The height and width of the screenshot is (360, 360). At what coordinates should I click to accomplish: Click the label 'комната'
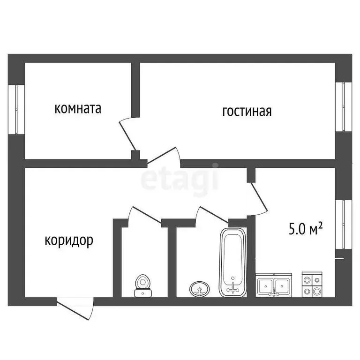pyautogui.click(x=78, y=109)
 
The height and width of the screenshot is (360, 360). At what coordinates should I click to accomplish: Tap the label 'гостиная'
pyautogui.click(x=247, y=112)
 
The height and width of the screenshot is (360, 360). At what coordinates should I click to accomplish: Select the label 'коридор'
pyautogui.click(x=69, y=240)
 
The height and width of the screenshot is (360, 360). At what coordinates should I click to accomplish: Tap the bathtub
pyautogui.click(x=232, y=262)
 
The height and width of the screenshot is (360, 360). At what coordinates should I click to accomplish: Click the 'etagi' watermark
pyautogui.click(x=180, y=178)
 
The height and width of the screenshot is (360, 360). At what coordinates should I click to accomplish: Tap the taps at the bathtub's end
pyautogui.click(x=232, y=288)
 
